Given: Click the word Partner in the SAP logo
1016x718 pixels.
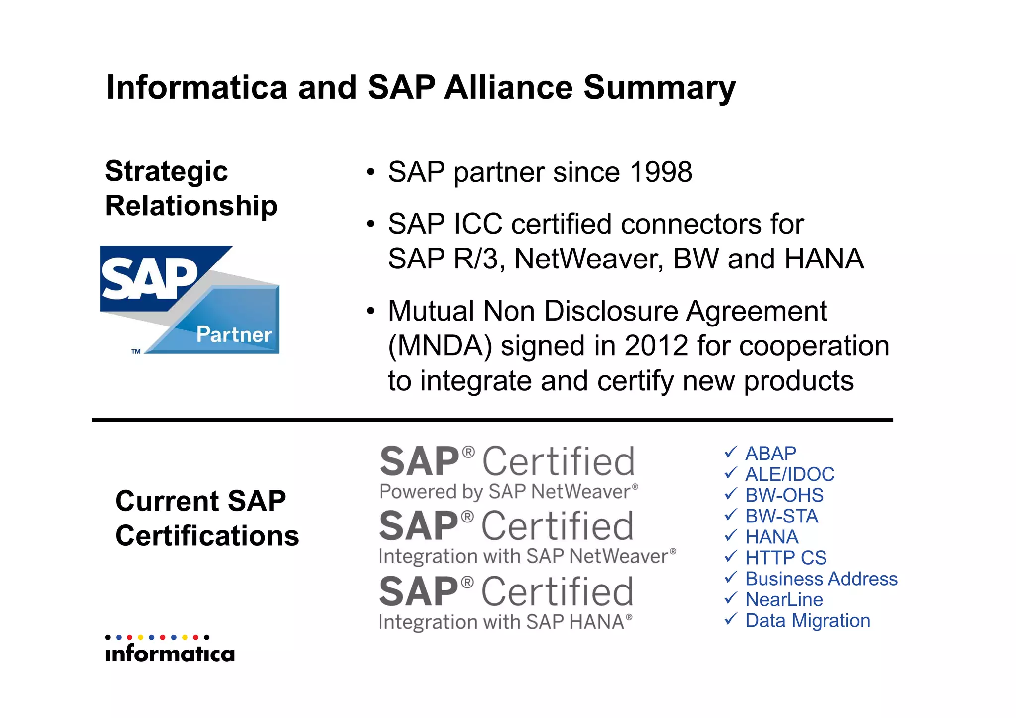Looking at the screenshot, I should pyautogui.click(x=234, y=334).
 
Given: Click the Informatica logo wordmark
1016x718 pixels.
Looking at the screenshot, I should pyautogui.click(x=170, y=653).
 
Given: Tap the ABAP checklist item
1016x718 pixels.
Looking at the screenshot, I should pyautogui.click(x=770, y=454).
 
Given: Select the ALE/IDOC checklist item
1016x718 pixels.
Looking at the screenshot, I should pyautogui.click(x=790, y=474).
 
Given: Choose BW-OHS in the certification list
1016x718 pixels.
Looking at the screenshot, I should pyautogui.click(x=784, y=495).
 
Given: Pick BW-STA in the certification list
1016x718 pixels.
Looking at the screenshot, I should pyautogui.click(x=781, y=516).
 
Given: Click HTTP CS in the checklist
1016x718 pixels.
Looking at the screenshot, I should pyautogui.click(x=786, y=558).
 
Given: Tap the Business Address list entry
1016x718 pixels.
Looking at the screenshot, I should pyautogui.click(x=822, y=579).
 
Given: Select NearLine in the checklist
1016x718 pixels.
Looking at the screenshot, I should pyautogui.click(x=784, y=599).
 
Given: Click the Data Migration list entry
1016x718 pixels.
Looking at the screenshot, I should pyautogui.click(x=808, y=620).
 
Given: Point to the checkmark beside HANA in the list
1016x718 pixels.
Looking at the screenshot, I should pyautogui.click(x=730, y=536).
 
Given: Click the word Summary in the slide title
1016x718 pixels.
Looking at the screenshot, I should pyautogui.click(x=659, y=88).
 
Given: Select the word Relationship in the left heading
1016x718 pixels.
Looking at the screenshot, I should pyautogui.click(x=191, y=206).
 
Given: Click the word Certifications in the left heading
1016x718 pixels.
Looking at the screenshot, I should pyautogui.click(x=207, y=536).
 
